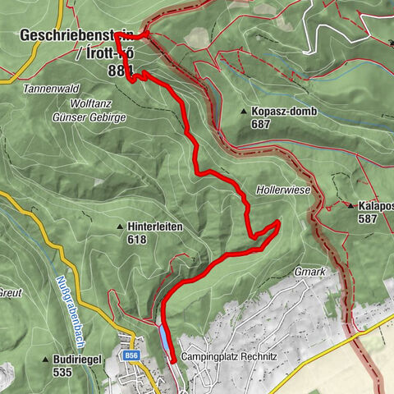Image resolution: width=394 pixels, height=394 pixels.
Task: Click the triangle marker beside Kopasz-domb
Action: tap(244, 111)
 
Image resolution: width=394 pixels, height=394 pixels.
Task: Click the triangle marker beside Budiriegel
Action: tap(46, 360)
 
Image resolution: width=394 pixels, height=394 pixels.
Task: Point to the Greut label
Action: tap(11, 291)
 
